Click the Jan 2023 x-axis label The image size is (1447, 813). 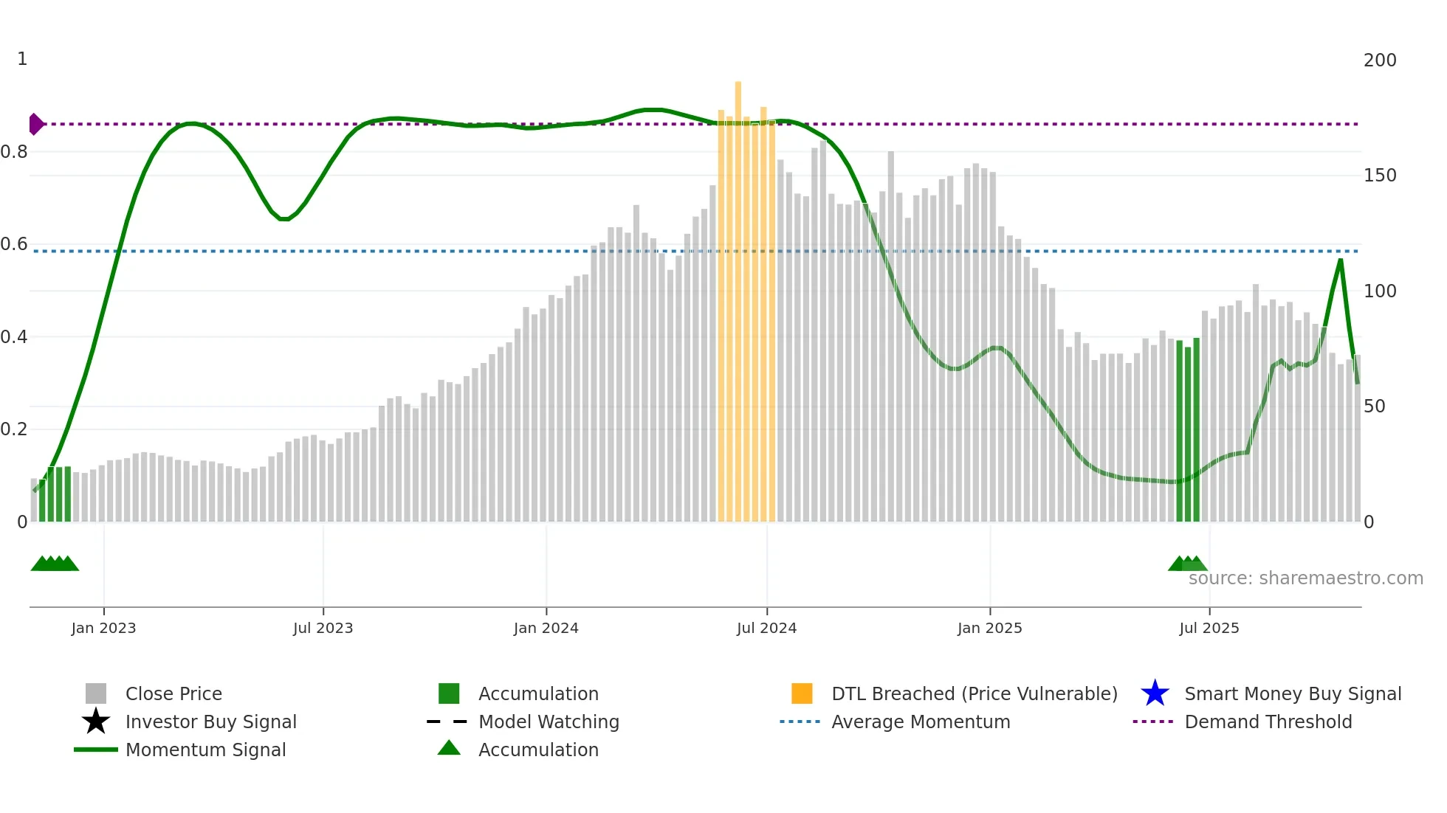tap(103, 628)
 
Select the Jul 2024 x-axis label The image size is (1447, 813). tap(766, 628)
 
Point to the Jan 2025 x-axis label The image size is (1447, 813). tap(989, 628)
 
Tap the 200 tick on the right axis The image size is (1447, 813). tap(1379, 60)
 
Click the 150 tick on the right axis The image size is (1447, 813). tap(1379, 176)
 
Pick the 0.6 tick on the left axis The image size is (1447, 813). tap(14, 244)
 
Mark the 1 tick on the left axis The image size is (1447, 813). tap(22, 59)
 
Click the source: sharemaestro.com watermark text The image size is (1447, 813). tap(1305, 578)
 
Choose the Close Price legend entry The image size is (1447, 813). tap(173, 693)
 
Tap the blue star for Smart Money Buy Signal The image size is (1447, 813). tap(1155, 693)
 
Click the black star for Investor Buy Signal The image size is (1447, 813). tap(96, 722)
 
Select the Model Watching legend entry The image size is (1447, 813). tap(549, 722)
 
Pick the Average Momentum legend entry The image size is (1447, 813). tap(921, 722)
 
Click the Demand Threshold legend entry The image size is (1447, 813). tap(1268, 722)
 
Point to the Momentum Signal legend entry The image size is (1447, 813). tap(205, 750)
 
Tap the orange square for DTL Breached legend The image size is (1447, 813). tap(802, 693)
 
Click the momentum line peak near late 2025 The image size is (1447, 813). tap(1341, 260)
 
